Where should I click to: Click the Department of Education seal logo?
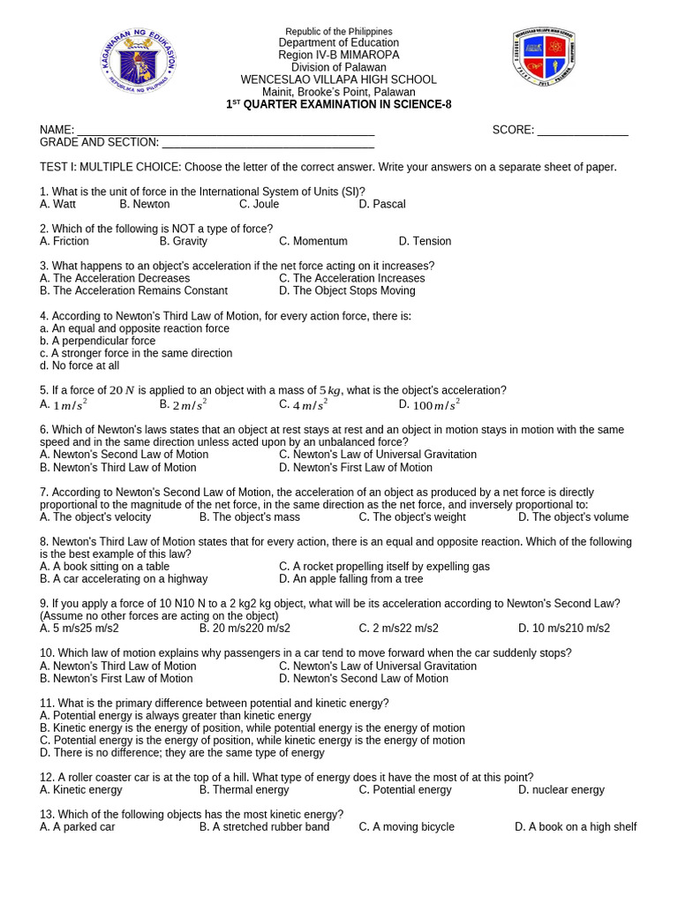click(138, 63)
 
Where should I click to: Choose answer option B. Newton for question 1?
click(145, 204)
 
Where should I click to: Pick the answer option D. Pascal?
click(382, 204)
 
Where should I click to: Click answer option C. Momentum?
click(313, 241)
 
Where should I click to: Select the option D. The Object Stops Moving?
click(347, 290)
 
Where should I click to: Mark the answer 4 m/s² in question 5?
click(304, 404)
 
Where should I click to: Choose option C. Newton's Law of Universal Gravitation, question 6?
click(378, 455)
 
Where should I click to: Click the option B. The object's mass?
click(250, 517)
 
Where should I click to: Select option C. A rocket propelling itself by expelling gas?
click(384, 567)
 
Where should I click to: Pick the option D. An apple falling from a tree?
click(351, 579)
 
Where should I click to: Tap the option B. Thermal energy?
click(245, 790)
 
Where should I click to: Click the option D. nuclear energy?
click(561, 790)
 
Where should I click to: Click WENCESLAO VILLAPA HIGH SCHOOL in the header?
click(339, 79)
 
